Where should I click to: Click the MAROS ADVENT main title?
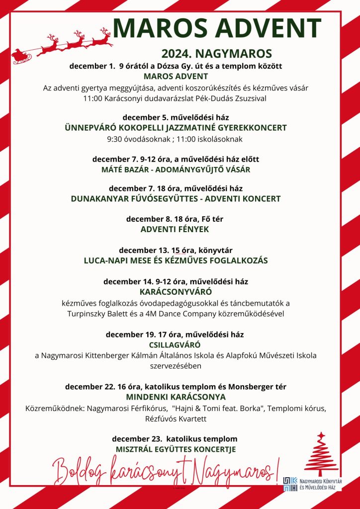[217, 29]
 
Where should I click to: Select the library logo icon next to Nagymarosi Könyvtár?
[290, 484]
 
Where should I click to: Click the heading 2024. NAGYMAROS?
[216, 53]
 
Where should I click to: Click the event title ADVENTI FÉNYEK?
[176, 229]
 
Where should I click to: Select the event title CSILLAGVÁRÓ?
[175, 344]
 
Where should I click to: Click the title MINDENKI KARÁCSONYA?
[176, 397]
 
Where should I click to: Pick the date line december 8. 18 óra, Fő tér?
[176, 219]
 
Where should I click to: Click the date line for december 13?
[176, 250]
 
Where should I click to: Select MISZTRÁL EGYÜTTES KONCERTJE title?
[176, 449]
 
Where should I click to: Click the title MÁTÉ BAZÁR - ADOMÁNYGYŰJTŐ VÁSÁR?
[176, 170]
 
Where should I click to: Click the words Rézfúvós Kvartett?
[176, 419]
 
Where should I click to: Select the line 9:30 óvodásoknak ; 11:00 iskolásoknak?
[176, 138]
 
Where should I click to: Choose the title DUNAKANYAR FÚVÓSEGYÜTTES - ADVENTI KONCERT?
[176, 199]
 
